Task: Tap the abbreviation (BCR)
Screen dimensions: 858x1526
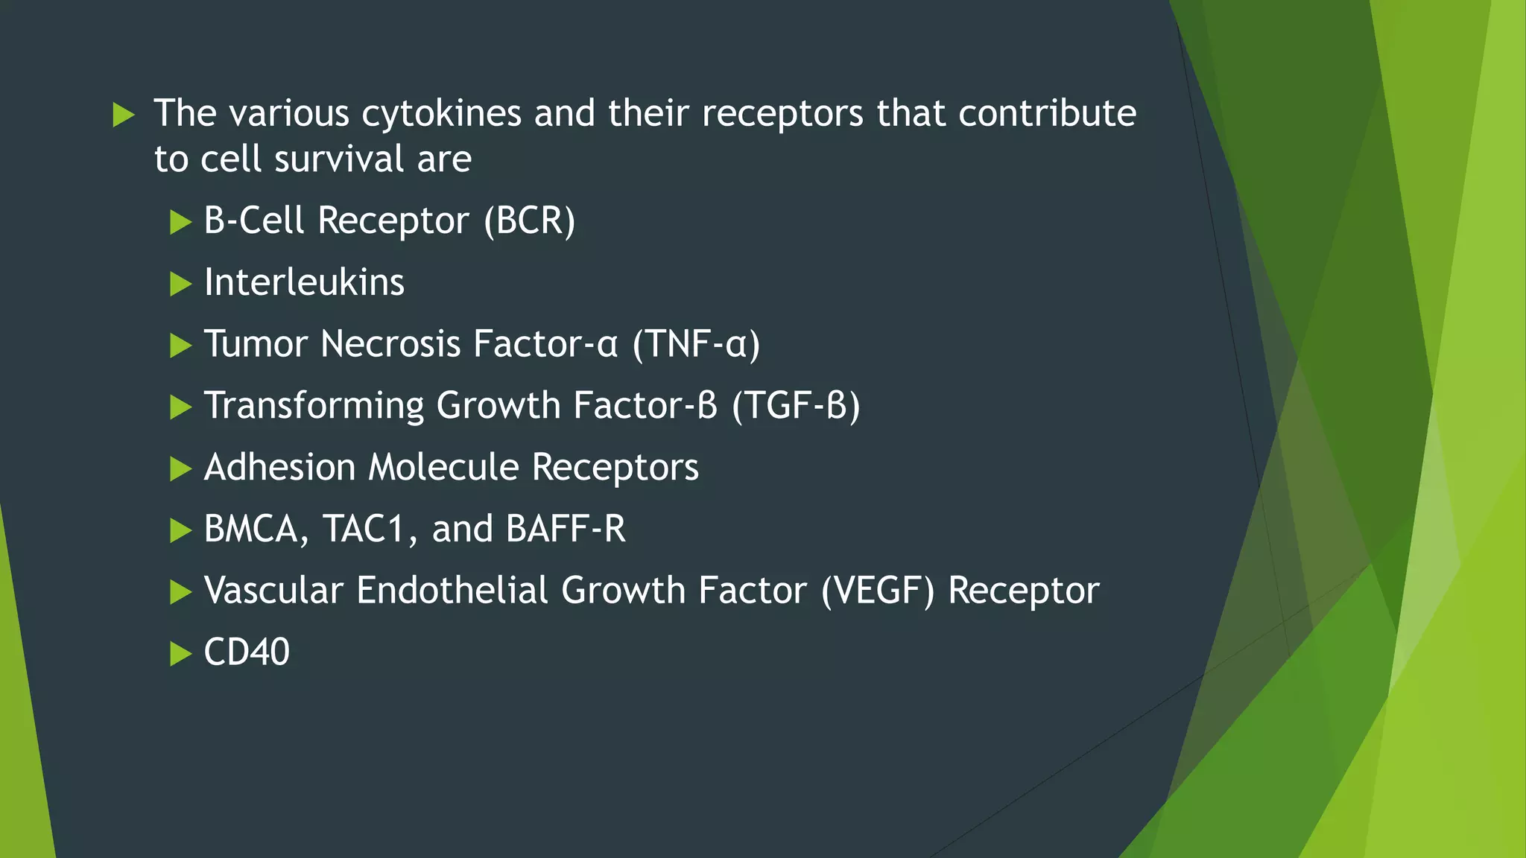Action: coord(530,221)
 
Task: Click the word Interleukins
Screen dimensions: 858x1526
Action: coord(304,283)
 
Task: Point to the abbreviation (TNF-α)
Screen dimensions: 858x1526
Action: coord(696,344)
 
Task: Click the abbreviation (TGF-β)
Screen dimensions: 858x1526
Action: coord(796,406)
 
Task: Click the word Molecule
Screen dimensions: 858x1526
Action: coord(443,468)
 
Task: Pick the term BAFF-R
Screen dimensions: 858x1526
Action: coord(566,529)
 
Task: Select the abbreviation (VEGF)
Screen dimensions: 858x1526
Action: coord(878,591)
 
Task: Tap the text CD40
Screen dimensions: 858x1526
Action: coord(247,652)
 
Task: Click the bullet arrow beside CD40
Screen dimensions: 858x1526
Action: coord(180,654)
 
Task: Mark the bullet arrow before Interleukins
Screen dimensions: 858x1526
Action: coord(180,284)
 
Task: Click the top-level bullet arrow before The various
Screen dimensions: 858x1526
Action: coord(124,115)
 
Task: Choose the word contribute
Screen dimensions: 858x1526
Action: coord(1047,114)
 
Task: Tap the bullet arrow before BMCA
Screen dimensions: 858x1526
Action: coord(180,530)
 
